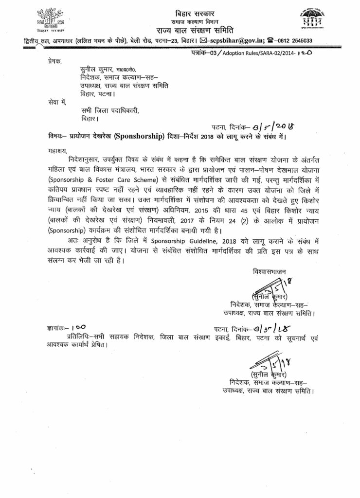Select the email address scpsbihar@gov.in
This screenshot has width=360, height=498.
tap(234, 41)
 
